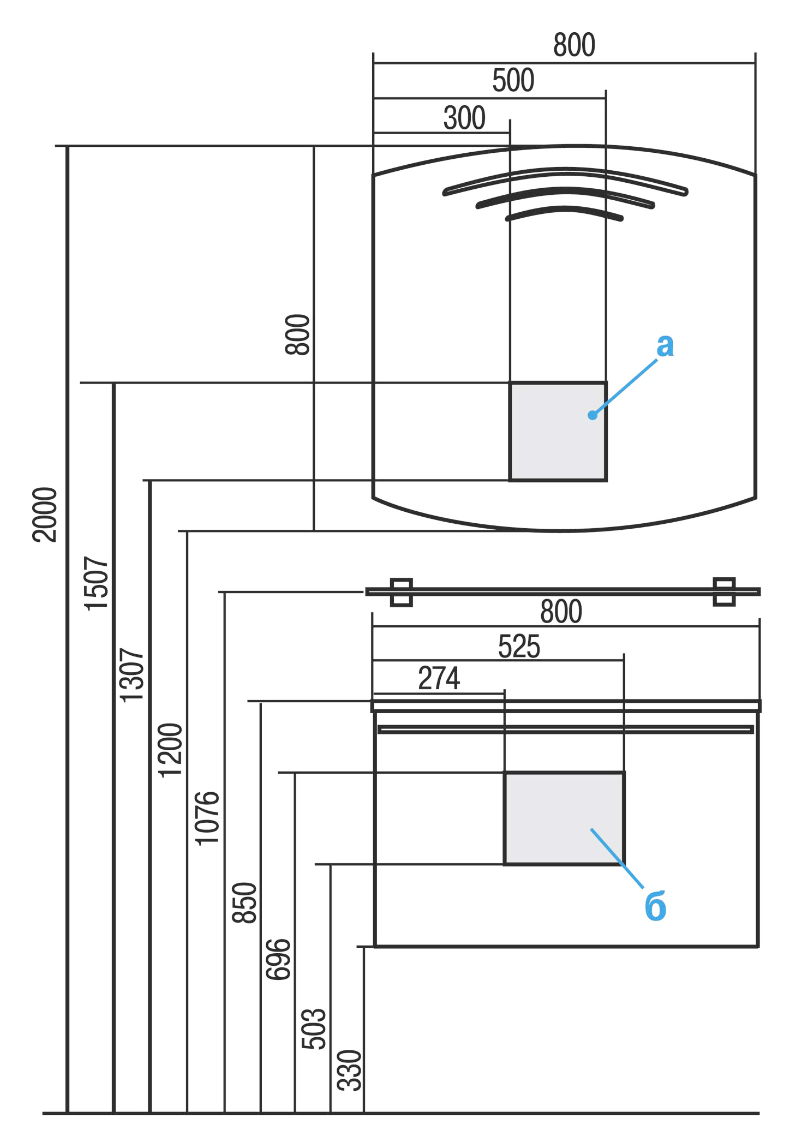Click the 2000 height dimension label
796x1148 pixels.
[45, 515]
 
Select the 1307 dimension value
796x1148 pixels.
[131, 675]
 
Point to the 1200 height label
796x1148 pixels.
[170, 749]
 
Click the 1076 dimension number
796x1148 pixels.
[207, 818]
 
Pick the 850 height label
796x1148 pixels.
[244, 902]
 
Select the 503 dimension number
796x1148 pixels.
[314, 1029]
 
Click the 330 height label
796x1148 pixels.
[349, 1070]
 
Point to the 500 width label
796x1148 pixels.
[513, 81]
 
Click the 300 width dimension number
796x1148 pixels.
[464, 118]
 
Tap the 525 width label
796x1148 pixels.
[519, 647]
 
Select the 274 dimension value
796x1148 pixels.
[439, 678]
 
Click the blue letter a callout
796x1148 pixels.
[665, 345]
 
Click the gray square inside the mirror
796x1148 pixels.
[558, 431]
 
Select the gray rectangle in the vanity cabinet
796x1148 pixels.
[564, 818]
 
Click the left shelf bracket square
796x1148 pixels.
[402, 592]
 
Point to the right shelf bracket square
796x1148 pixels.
[724, 591]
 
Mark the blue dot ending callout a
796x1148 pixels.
[592, 415]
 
